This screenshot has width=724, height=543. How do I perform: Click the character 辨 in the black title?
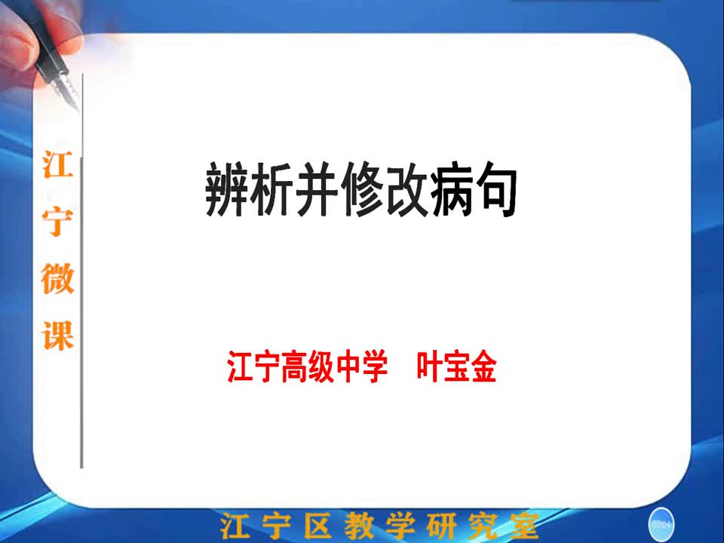coord(226,189)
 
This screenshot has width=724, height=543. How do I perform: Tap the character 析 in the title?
coord(271,189)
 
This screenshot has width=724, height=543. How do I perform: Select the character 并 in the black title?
coord(316,189)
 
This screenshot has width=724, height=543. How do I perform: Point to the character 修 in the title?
coord(361,189)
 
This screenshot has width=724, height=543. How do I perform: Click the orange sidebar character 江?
coord(58,165)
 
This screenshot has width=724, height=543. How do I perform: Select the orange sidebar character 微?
coord(58,278)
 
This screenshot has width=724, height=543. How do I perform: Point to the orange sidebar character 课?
coord(58,335)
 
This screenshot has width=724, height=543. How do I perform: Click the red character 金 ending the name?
coord(483,367)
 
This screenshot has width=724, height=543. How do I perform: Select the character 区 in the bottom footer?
coord(318,526)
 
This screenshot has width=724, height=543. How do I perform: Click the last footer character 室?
coord(524,526)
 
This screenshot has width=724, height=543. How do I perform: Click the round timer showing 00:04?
coord(661,525)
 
